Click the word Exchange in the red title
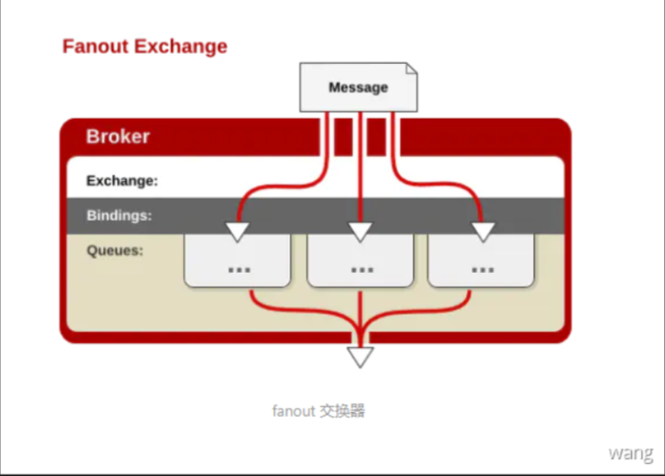pyautogui.click(x=183, y=45)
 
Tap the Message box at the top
pyautogui.click(x=358, y=87)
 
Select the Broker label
pyautogui.click(x=118, y=136)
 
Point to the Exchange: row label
pyautogui.click(x=121, y=181)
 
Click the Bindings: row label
pyautogui.click(x=119, y=215)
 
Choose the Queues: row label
pyautogui.click(x=115, y=250)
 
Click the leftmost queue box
pyautogui.click(x=237, y=261)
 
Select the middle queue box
pyautogui.click(x=361, y=261)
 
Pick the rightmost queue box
pyautogui.click(x=480, y=261)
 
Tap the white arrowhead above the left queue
pyautogui.click(x=238, y=231)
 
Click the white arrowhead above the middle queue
pyautogui.click(x=360, y=231)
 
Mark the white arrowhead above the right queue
pyautogui.click(x=480, y=231)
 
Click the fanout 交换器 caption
pyautogui.click(x=318, y=410)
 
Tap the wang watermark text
pyautogui.click(x=631, y=453)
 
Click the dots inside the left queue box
pyautogui.click(x=238, y=269)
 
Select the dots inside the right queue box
pyautogui.click(x=481, y=269)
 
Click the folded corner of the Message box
pyautogui.click(x=411, y=69)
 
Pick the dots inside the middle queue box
pyautogui.click(x=362, y=269)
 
